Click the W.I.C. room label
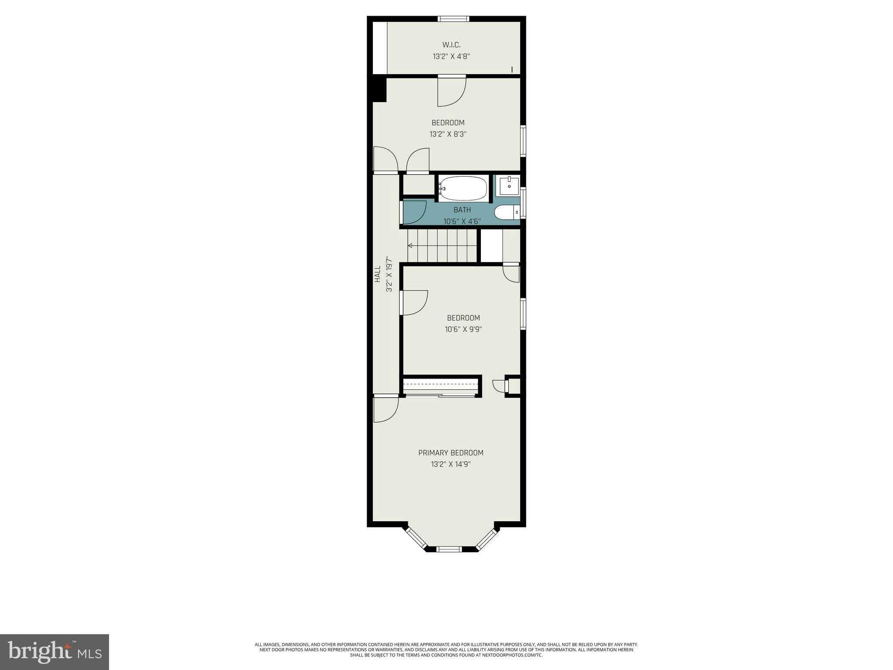click(x=451, y=45)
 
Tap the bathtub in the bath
click(x=463, y=188)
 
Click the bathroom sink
click(x=509, y=186)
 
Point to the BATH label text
click(x=462, y=210)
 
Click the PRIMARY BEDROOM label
click(x=451, y=453)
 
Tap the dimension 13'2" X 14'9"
click(x=451, y=464)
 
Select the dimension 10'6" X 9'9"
click(x=464, y=329)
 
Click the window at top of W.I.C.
click(x=453, y=19)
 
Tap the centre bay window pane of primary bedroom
click(x=449, y=549)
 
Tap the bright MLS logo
click(x=55, y=652)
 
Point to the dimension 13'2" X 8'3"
click(x=448, y=134)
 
